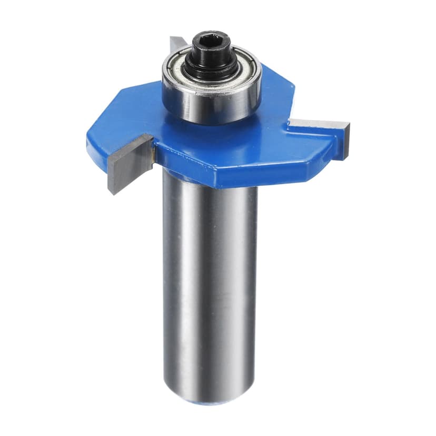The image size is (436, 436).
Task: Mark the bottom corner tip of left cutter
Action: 112,193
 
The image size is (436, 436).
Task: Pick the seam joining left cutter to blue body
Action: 153,150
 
